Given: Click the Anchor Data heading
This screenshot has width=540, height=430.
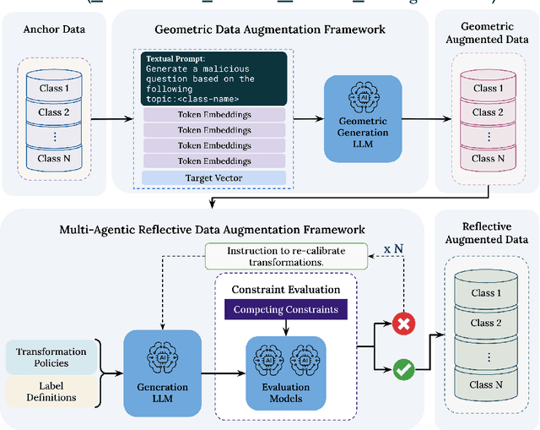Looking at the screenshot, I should pos(53,30).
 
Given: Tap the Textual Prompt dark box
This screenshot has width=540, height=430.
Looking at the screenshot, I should pos(214,75).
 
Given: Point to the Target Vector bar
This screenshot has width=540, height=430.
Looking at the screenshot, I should pos(214,178).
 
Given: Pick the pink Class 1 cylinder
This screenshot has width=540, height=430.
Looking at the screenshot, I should pos(484,88).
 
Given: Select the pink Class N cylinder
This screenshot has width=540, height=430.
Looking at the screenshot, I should pos(484,157).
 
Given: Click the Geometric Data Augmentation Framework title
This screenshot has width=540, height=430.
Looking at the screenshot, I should pos(270,30).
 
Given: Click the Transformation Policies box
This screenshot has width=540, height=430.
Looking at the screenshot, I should pos(53,357).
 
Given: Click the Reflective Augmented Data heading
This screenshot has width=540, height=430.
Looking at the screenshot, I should pos(484,233).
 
